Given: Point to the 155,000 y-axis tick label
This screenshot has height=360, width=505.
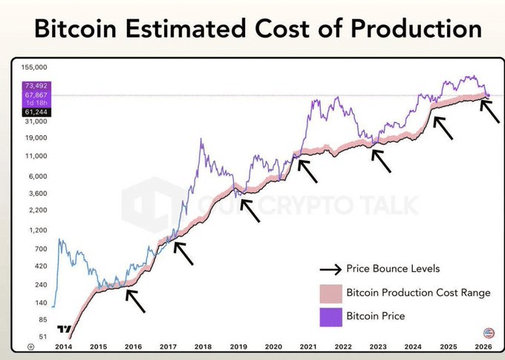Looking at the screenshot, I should [x=34, y=66].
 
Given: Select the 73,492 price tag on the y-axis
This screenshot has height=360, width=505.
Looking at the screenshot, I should [x=36, y=86].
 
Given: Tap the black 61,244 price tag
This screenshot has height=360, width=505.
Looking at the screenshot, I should [x=36, y=111].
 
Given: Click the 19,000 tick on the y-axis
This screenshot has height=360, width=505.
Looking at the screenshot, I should [x=35, y=137].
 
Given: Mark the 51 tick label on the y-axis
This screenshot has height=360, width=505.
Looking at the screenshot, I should [x=42, y=337].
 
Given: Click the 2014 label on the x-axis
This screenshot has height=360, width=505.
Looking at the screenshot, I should [x=62, y=346].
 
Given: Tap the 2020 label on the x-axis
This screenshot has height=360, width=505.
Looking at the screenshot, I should [x=273, y=346].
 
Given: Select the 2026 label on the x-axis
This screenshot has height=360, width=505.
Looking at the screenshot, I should [x=483, y=346].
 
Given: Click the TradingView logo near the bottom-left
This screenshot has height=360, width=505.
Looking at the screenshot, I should [x=65, y=330].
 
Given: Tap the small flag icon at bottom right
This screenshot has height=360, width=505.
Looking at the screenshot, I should [x=488, y=333].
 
